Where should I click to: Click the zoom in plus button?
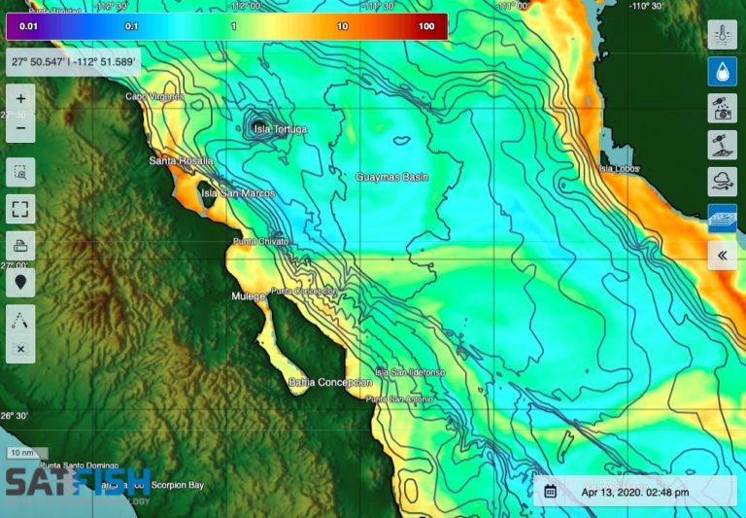pyautogui.click(x=21, y=99)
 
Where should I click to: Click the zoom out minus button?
pyautogui.click(x=21, y=127)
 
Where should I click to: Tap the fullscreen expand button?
pyautogui.click(x=21, y=208)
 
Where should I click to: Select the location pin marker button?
pyautogui.click(x=21, y=282)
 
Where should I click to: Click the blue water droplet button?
pyautogui.click(x=722, y=72)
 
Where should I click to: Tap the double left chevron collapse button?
pyautogui.click(x=722, y=256)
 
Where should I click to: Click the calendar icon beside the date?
pyautogui.click(x=551, y=492)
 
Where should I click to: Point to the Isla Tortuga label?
pyautogui.click(x=280, y=129)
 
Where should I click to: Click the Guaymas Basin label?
pyautogui.click(x=392, y=178)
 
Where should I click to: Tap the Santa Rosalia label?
pyautogui.click(x=181, y=160)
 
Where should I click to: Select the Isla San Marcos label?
pyautogui.click(x=237, y=193)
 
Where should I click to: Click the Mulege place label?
pyautogui.click(x=248, y=296)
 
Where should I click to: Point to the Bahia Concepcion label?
pyautogui.click(x=330, y=383)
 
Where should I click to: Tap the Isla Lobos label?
pyautogui.click(x=620, y=169)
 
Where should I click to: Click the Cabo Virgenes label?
pyautogui.click(x=154, y=96)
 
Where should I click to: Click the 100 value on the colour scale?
pyautogui.click(x=426, y=26)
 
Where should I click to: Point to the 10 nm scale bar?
pyautogui.click(x=21, y=453)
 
